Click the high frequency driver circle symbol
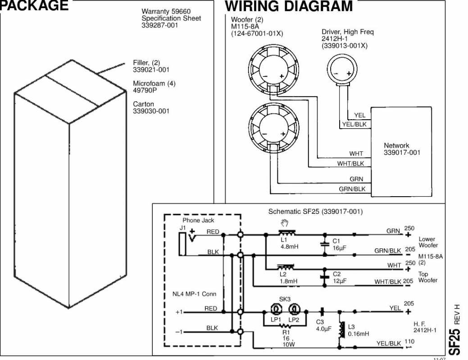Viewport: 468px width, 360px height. pos(342,71)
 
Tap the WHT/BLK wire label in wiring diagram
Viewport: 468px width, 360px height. pos(350,164)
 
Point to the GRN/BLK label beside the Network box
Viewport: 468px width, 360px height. pos(352,189)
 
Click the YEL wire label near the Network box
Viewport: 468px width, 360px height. pos(359,116)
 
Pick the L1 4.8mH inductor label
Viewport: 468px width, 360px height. pos(289,243)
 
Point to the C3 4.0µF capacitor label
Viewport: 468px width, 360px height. pos(323,325)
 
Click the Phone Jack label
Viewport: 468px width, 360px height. pos(198,220)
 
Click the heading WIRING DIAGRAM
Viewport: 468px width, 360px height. pos(289,6)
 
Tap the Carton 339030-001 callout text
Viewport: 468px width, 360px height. pos(151,108)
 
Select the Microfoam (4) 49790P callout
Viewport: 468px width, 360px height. pos(154,87)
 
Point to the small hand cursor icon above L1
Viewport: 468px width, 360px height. pos(284,223)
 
